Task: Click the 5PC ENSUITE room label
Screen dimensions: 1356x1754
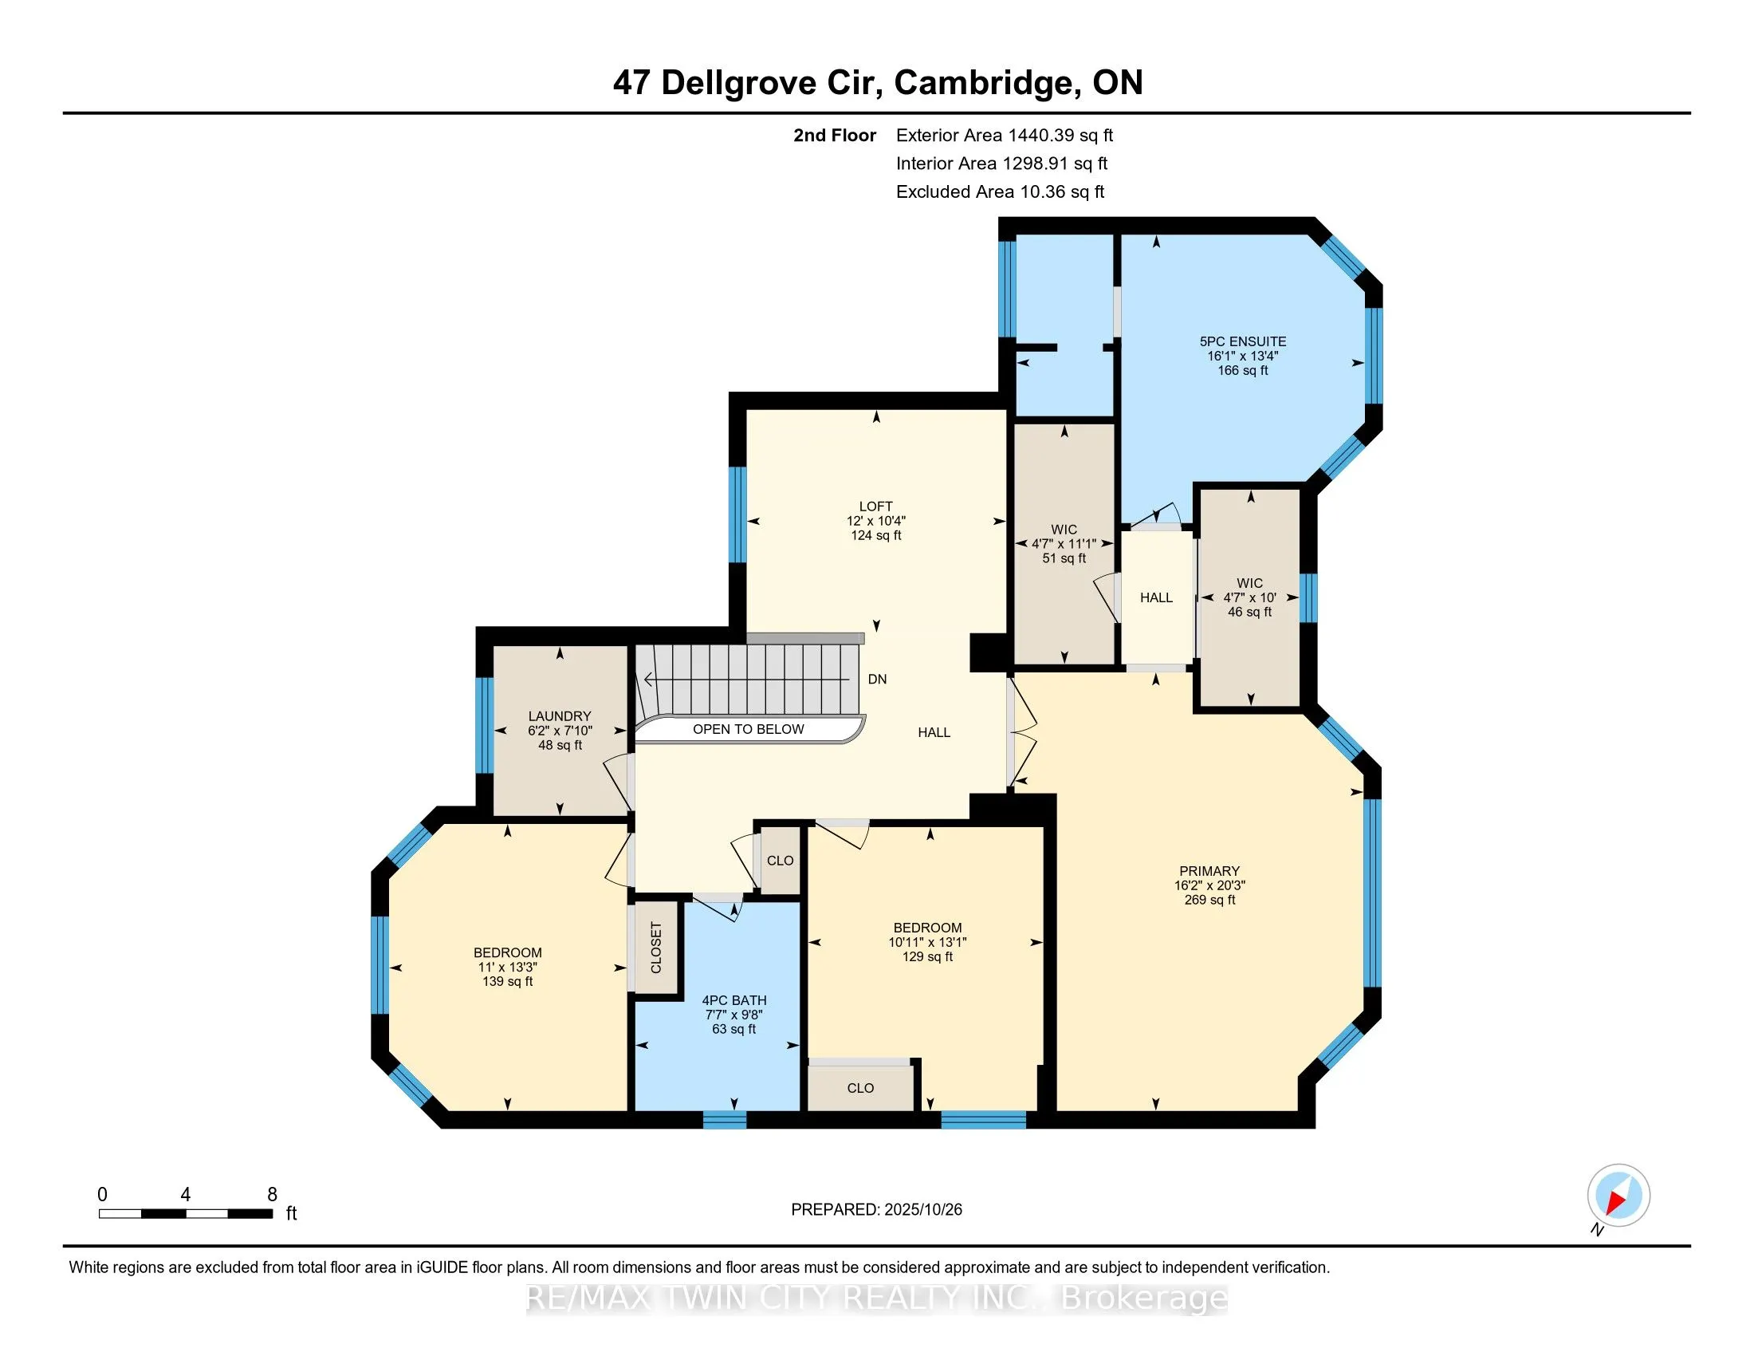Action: [x=1242, y=341]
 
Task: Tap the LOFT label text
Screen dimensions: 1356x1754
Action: [x=875, y=506]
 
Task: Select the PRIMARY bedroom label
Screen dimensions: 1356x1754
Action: [x=1209, y=871]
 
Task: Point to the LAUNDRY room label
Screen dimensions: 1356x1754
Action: [x=559, y=715]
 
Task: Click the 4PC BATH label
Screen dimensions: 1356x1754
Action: [x=734, y=1000]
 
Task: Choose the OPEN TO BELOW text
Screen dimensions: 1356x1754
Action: [x=748, y=729]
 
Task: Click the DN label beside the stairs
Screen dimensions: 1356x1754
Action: [x=877, y=680]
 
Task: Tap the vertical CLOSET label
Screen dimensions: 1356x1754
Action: [x=656, y=948]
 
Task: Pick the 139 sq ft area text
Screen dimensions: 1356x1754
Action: [x=508, y=982]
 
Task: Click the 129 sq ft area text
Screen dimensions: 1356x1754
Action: [x=926, y=956]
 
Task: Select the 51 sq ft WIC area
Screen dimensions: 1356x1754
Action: [x=1064, y=558]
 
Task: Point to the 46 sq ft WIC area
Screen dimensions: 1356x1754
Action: [x=1249, y=612]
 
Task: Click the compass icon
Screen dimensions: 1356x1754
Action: [x=1618, y=1196]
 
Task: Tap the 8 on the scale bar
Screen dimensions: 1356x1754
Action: [x=272, y=1195]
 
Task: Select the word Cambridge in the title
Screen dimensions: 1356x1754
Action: [x=985, y=83]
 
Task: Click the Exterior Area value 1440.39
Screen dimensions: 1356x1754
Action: [x=1036, y=136]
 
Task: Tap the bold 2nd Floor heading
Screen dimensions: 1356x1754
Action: [x=835, y=136]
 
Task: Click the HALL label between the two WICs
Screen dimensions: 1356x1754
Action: [x=1156, y=597]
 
